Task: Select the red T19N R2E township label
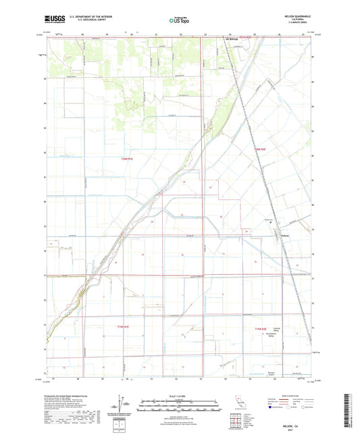tap(261, 327)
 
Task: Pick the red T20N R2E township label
tap(259, 148)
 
